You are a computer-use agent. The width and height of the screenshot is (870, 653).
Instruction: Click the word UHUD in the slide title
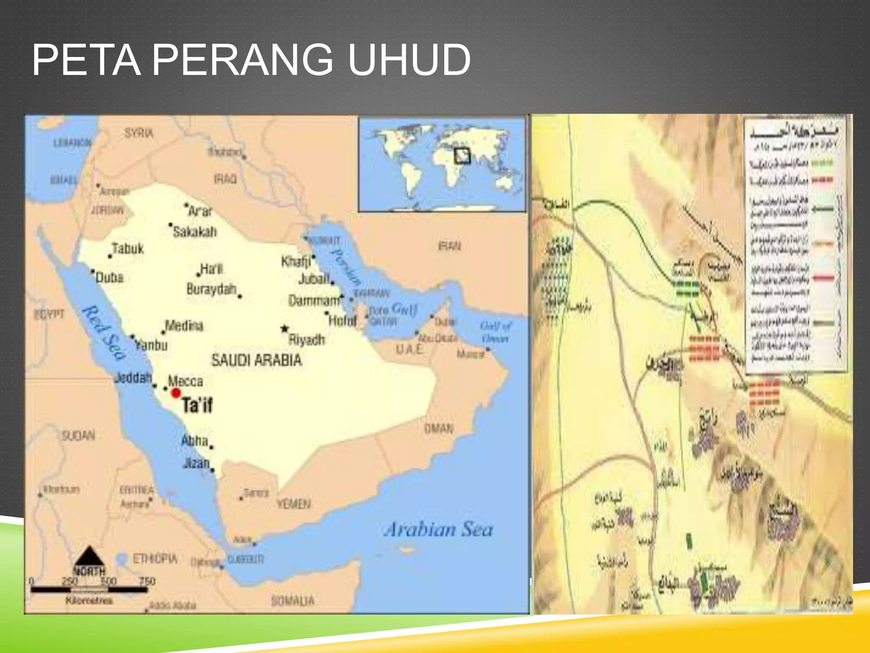click(409, 60)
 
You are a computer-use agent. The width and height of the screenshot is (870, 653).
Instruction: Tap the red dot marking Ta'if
click(176, 393)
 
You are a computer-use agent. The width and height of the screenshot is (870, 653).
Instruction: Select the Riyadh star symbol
click(285, 329)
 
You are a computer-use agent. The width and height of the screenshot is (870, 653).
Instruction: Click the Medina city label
click(184, 326)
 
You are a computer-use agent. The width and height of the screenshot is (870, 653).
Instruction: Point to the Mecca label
click(185, 381)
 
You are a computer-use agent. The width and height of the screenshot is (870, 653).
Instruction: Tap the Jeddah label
click(133, 378)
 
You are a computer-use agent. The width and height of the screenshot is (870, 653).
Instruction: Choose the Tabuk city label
click(127, 249)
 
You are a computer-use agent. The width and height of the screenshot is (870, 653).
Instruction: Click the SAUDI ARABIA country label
click(257, 361)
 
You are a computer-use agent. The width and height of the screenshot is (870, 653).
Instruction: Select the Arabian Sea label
click(438, 530)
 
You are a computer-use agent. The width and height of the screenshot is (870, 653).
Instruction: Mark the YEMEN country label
click(294, 504)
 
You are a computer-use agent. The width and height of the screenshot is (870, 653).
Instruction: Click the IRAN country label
click(449, 246)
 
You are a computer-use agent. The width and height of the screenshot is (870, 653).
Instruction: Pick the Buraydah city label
click(211, 290)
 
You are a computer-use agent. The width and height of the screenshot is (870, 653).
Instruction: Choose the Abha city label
click(195, 441)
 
